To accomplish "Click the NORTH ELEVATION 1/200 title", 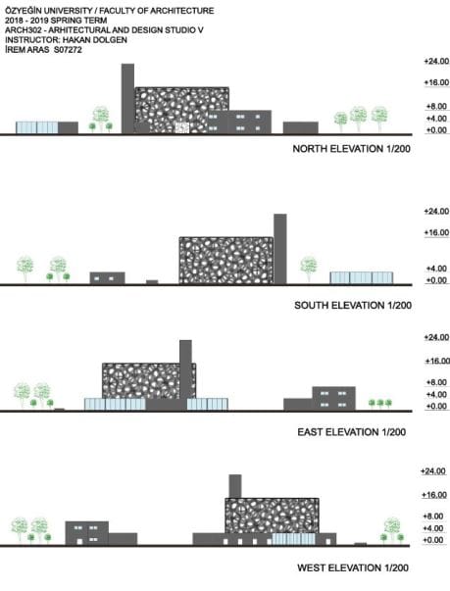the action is click(x=351, y=149).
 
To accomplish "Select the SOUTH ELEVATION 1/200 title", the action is click(x=353, y=305).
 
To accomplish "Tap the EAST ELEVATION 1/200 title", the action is click(x=352, y=431).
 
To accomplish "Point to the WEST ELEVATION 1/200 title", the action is click(x=353, y=567).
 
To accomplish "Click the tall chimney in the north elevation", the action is click(x=127, y=98).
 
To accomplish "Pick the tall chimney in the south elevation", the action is click(x=280, y=249).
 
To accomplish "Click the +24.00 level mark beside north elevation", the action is click(x=436, y=61).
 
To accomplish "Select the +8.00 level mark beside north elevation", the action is click(x=436, y=106).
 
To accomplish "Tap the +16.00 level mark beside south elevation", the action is click(x=436, y=232).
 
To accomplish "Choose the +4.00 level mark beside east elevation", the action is click(x=436, y=394).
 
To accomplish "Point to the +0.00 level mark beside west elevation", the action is click(x=433, y=540).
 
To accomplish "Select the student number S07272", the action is click(x=68, y=50).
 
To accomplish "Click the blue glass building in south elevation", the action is click(x=362, y=277).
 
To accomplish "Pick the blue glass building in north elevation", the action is click(x=37, y=127).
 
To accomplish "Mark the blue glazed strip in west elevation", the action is click(x=293, y=539).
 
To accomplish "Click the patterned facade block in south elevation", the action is click(x=226, y=261).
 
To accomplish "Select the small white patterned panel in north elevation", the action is click(x=182, y=127).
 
